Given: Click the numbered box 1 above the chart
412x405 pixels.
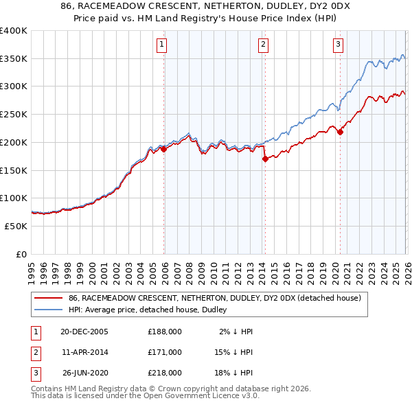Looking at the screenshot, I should pos(162,45).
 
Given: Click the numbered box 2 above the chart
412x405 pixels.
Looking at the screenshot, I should pos(264,45).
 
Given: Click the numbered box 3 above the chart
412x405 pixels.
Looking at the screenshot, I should pos(339,45).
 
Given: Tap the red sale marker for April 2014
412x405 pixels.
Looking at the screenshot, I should pos(265,158).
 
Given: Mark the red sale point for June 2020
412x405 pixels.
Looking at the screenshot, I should pos(340,132).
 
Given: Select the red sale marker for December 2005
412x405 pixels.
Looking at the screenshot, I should pos(164,148).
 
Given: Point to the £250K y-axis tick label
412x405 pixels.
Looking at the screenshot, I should pos(14,115).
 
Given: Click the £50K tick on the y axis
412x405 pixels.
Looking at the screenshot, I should pos(16,226).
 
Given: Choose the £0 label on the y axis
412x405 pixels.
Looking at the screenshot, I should pos(21,254).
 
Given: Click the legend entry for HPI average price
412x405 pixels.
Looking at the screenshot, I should pos(152,310).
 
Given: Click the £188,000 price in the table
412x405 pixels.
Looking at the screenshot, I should pos(165,332).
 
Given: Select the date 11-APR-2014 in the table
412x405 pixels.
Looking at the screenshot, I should pos(84,352).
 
